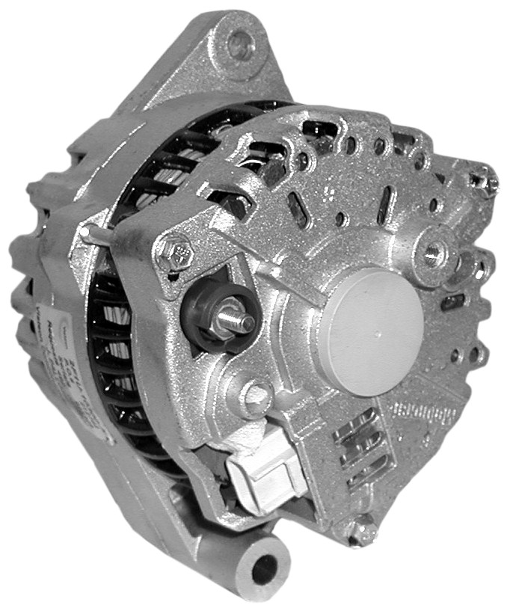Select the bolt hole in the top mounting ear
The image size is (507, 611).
tap(240, 44)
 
